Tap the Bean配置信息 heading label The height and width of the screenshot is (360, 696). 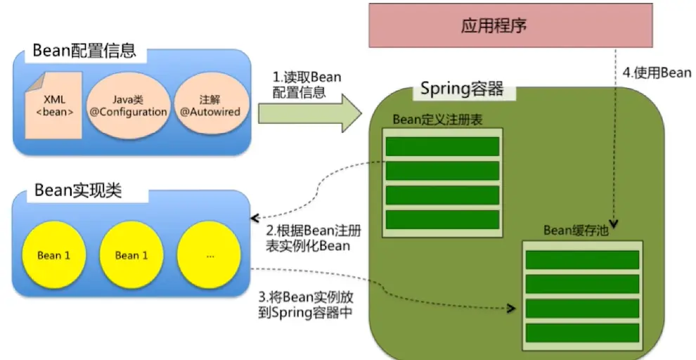click(x=84, y=51)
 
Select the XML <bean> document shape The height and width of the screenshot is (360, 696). click(x=54, y=105)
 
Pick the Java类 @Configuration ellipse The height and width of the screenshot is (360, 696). click(x=128, y=105)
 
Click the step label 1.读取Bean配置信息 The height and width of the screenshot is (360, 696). click(x=307, y=84)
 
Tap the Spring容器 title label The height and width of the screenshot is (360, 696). click(x=462, y=89)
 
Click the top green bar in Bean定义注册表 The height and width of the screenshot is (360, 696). click(x=443, y=146)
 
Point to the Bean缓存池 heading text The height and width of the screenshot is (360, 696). click(x=580, y=231)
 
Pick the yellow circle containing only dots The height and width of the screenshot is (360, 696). click(x=210, y=255)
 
